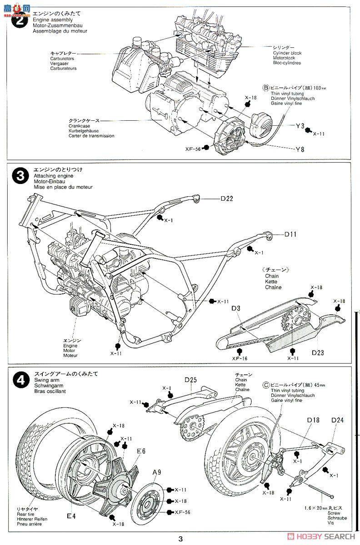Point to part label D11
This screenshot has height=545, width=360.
(x=291, y=234)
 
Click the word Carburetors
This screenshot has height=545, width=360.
(x=63, y=59)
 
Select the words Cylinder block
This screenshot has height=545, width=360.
(x=287, y=53)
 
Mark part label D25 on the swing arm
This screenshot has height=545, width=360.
(x=190, y=380)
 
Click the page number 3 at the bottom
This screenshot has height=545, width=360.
(x=180, y=539)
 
